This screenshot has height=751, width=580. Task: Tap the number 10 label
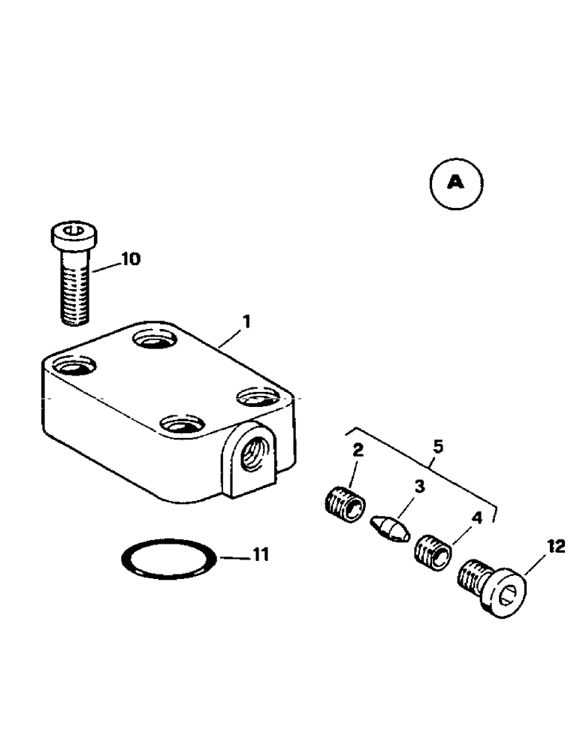[129, 260]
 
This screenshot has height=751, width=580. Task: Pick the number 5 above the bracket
[438, 447]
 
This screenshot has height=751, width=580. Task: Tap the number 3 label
[419, 487]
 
